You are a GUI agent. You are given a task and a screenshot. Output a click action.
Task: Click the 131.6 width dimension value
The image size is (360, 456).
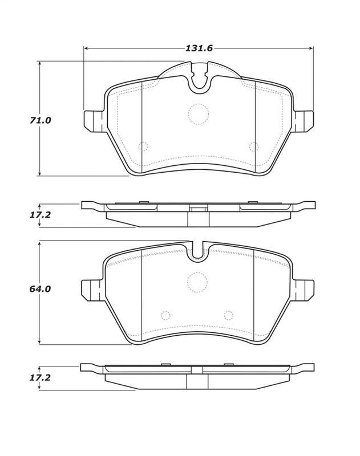click(199, 48)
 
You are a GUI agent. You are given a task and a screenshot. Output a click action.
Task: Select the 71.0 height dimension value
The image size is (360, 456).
click(41, 120)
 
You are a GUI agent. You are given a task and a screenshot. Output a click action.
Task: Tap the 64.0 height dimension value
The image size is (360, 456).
click(41, 289)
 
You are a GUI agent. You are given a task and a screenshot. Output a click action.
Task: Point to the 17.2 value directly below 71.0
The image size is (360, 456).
click(41, 215)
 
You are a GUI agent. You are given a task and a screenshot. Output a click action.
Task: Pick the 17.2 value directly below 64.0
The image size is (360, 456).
click(41, 377)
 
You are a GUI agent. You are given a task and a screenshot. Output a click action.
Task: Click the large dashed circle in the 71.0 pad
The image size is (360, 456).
click(198, 114)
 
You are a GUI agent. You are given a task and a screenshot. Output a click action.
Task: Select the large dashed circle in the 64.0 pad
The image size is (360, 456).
click(197, 282)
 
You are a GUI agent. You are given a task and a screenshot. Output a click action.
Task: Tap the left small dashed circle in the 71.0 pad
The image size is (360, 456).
click(143, 146)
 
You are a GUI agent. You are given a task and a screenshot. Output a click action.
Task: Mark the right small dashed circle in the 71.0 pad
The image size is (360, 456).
click(254, 146)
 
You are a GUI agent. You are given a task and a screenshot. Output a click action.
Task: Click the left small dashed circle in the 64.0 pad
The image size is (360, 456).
click(165, 315)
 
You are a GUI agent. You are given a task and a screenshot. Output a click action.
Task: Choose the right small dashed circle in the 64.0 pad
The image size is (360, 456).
click(229, 315)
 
